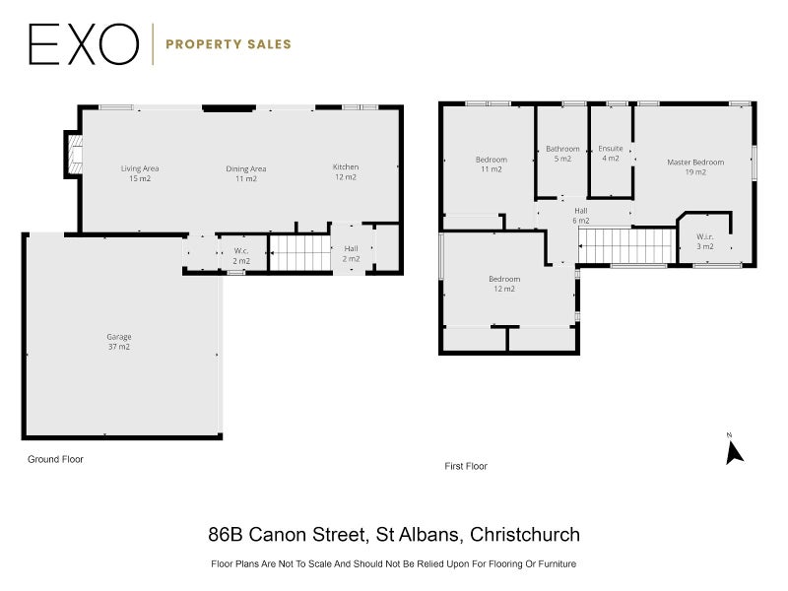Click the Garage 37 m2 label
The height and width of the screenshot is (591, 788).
119,342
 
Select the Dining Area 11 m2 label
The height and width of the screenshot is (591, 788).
245,174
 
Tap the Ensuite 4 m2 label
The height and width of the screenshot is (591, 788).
611,154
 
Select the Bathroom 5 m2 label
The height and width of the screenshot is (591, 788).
562,154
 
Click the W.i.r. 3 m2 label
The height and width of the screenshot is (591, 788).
705,241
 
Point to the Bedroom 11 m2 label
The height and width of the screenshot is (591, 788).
492,164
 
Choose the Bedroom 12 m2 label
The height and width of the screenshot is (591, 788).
504,284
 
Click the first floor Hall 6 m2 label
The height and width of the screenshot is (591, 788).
581,216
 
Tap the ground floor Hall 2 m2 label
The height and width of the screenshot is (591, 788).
352,254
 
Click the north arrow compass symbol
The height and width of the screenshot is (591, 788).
734,451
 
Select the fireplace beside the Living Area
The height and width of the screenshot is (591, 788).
73,155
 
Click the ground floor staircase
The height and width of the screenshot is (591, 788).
300,253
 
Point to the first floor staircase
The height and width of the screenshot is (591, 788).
626,245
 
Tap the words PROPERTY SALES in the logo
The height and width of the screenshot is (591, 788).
229,44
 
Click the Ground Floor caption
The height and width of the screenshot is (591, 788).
55,459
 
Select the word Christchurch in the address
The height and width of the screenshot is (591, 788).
525,534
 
